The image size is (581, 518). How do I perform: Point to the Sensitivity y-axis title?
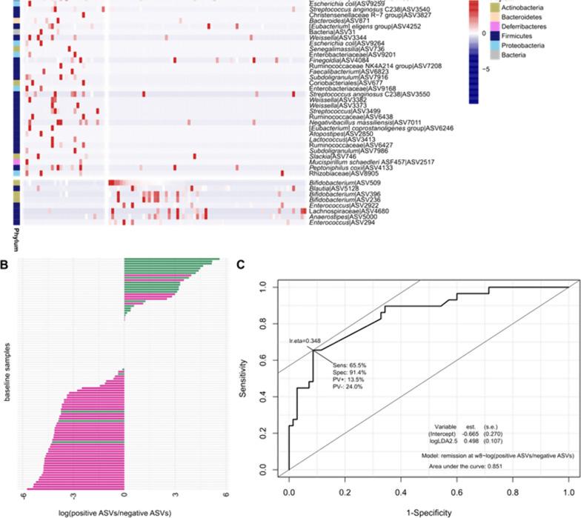point(242,378)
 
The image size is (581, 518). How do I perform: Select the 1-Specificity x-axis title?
point(428,511)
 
